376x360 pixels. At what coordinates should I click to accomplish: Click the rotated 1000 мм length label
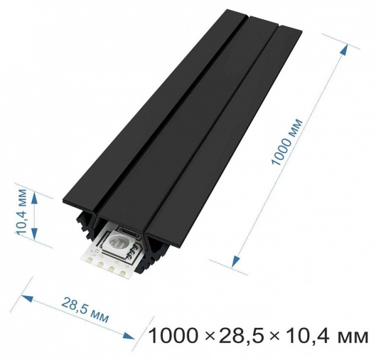pyautogui.click(x=287, y=141)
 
